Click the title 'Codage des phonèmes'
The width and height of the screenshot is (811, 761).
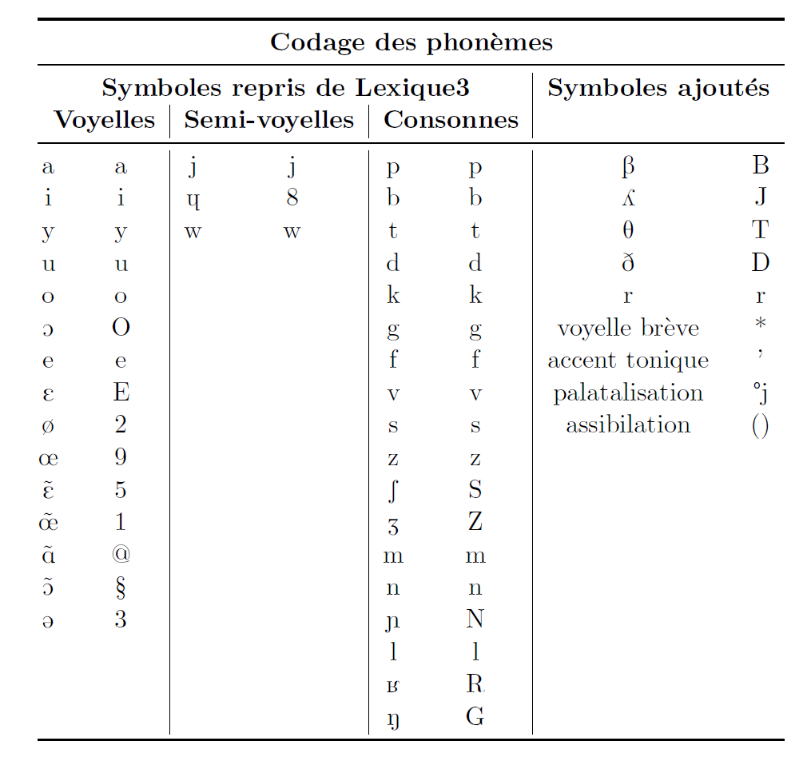coord(411,42)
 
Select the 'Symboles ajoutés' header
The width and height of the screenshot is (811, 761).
coord(658,88)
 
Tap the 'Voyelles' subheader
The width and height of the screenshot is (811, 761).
coord(104,120)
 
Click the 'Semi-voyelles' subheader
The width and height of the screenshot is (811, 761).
coord(268,120)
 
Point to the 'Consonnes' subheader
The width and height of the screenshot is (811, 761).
coord(451,120)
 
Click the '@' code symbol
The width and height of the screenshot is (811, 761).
coord(121,555)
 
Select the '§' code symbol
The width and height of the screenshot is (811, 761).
coord(121,588)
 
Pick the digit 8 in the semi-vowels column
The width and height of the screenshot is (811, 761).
coord(292,198)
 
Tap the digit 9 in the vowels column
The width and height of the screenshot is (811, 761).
coord(121,457)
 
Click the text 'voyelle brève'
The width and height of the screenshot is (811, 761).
coord(627,328)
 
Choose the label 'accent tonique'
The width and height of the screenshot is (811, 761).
coord(627,361)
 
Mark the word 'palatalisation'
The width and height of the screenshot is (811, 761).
coord(627,392)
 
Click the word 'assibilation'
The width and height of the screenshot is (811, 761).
coord(627,424)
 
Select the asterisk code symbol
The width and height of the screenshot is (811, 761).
coord(760,325)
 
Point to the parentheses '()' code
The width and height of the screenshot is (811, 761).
coord(760,426)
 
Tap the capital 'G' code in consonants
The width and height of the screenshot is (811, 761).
coord(475,717)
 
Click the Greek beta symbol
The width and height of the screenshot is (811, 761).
coord(627,166)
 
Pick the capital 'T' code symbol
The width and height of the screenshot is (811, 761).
coord(760,230)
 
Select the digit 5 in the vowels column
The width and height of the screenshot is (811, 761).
coord(121,489)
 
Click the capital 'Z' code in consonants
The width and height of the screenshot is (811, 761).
coord(475,522)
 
